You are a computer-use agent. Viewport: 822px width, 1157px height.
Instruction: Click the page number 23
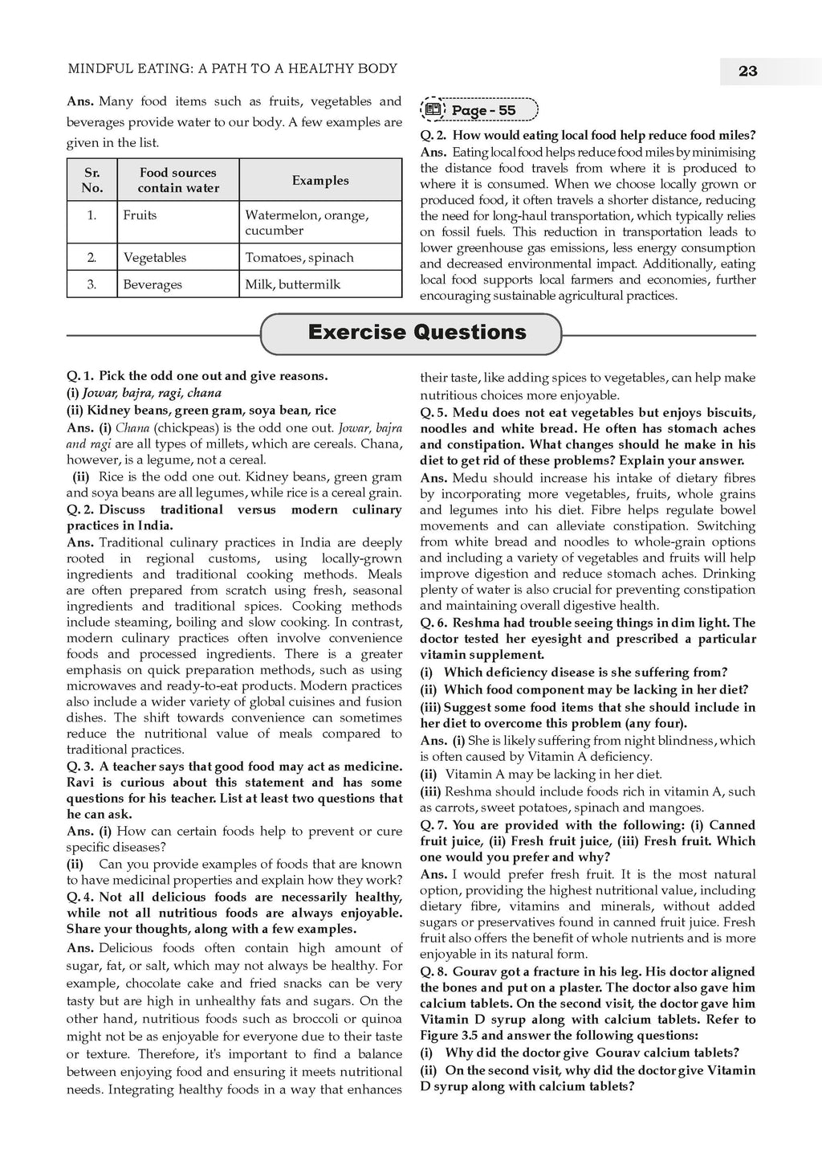click(747, 72)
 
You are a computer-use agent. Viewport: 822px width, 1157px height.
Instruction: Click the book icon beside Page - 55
click(433, 110)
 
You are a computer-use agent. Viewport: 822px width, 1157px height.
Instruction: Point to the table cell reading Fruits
click(140, 215)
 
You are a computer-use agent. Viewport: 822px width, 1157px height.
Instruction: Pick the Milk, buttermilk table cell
click(292, 284)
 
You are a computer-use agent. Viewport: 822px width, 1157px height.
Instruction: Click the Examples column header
click(320, 180)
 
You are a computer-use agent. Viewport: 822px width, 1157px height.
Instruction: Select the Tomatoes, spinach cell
click(299, 257)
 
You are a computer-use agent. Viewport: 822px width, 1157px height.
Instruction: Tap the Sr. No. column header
click(92, 180)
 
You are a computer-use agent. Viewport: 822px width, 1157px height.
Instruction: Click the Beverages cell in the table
click(153, 284)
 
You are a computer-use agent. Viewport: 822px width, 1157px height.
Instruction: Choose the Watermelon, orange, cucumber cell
click(307, 223)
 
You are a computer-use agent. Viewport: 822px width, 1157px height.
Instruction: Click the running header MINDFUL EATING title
click(233, 69)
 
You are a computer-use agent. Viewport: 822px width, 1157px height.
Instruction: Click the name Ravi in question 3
click(79, 783)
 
